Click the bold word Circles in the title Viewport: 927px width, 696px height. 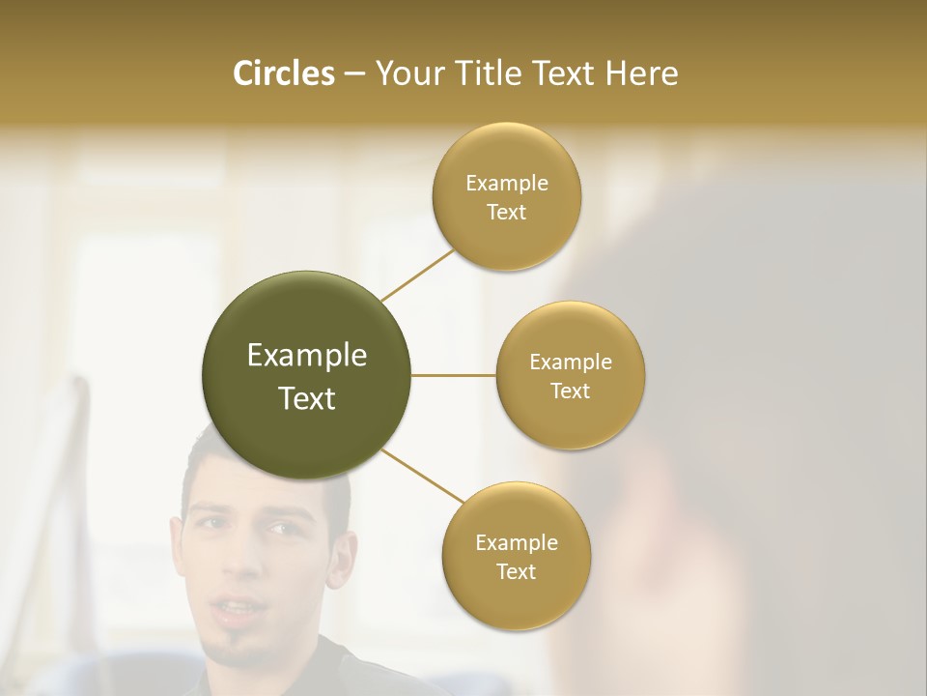(x=284, y=73)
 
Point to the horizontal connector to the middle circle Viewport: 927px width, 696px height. (x=453, y=375)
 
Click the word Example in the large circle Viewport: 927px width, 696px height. (x=307, y=356)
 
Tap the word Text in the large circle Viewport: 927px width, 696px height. (x=307, y=398)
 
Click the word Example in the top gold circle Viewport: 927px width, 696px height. (x=507, y=183)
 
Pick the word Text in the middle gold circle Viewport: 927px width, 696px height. (x=570, y=391)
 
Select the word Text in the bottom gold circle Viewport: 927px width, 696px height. (x=516, y=571)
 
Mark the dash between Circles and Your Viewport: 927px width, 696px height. (x=353, y=73)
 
